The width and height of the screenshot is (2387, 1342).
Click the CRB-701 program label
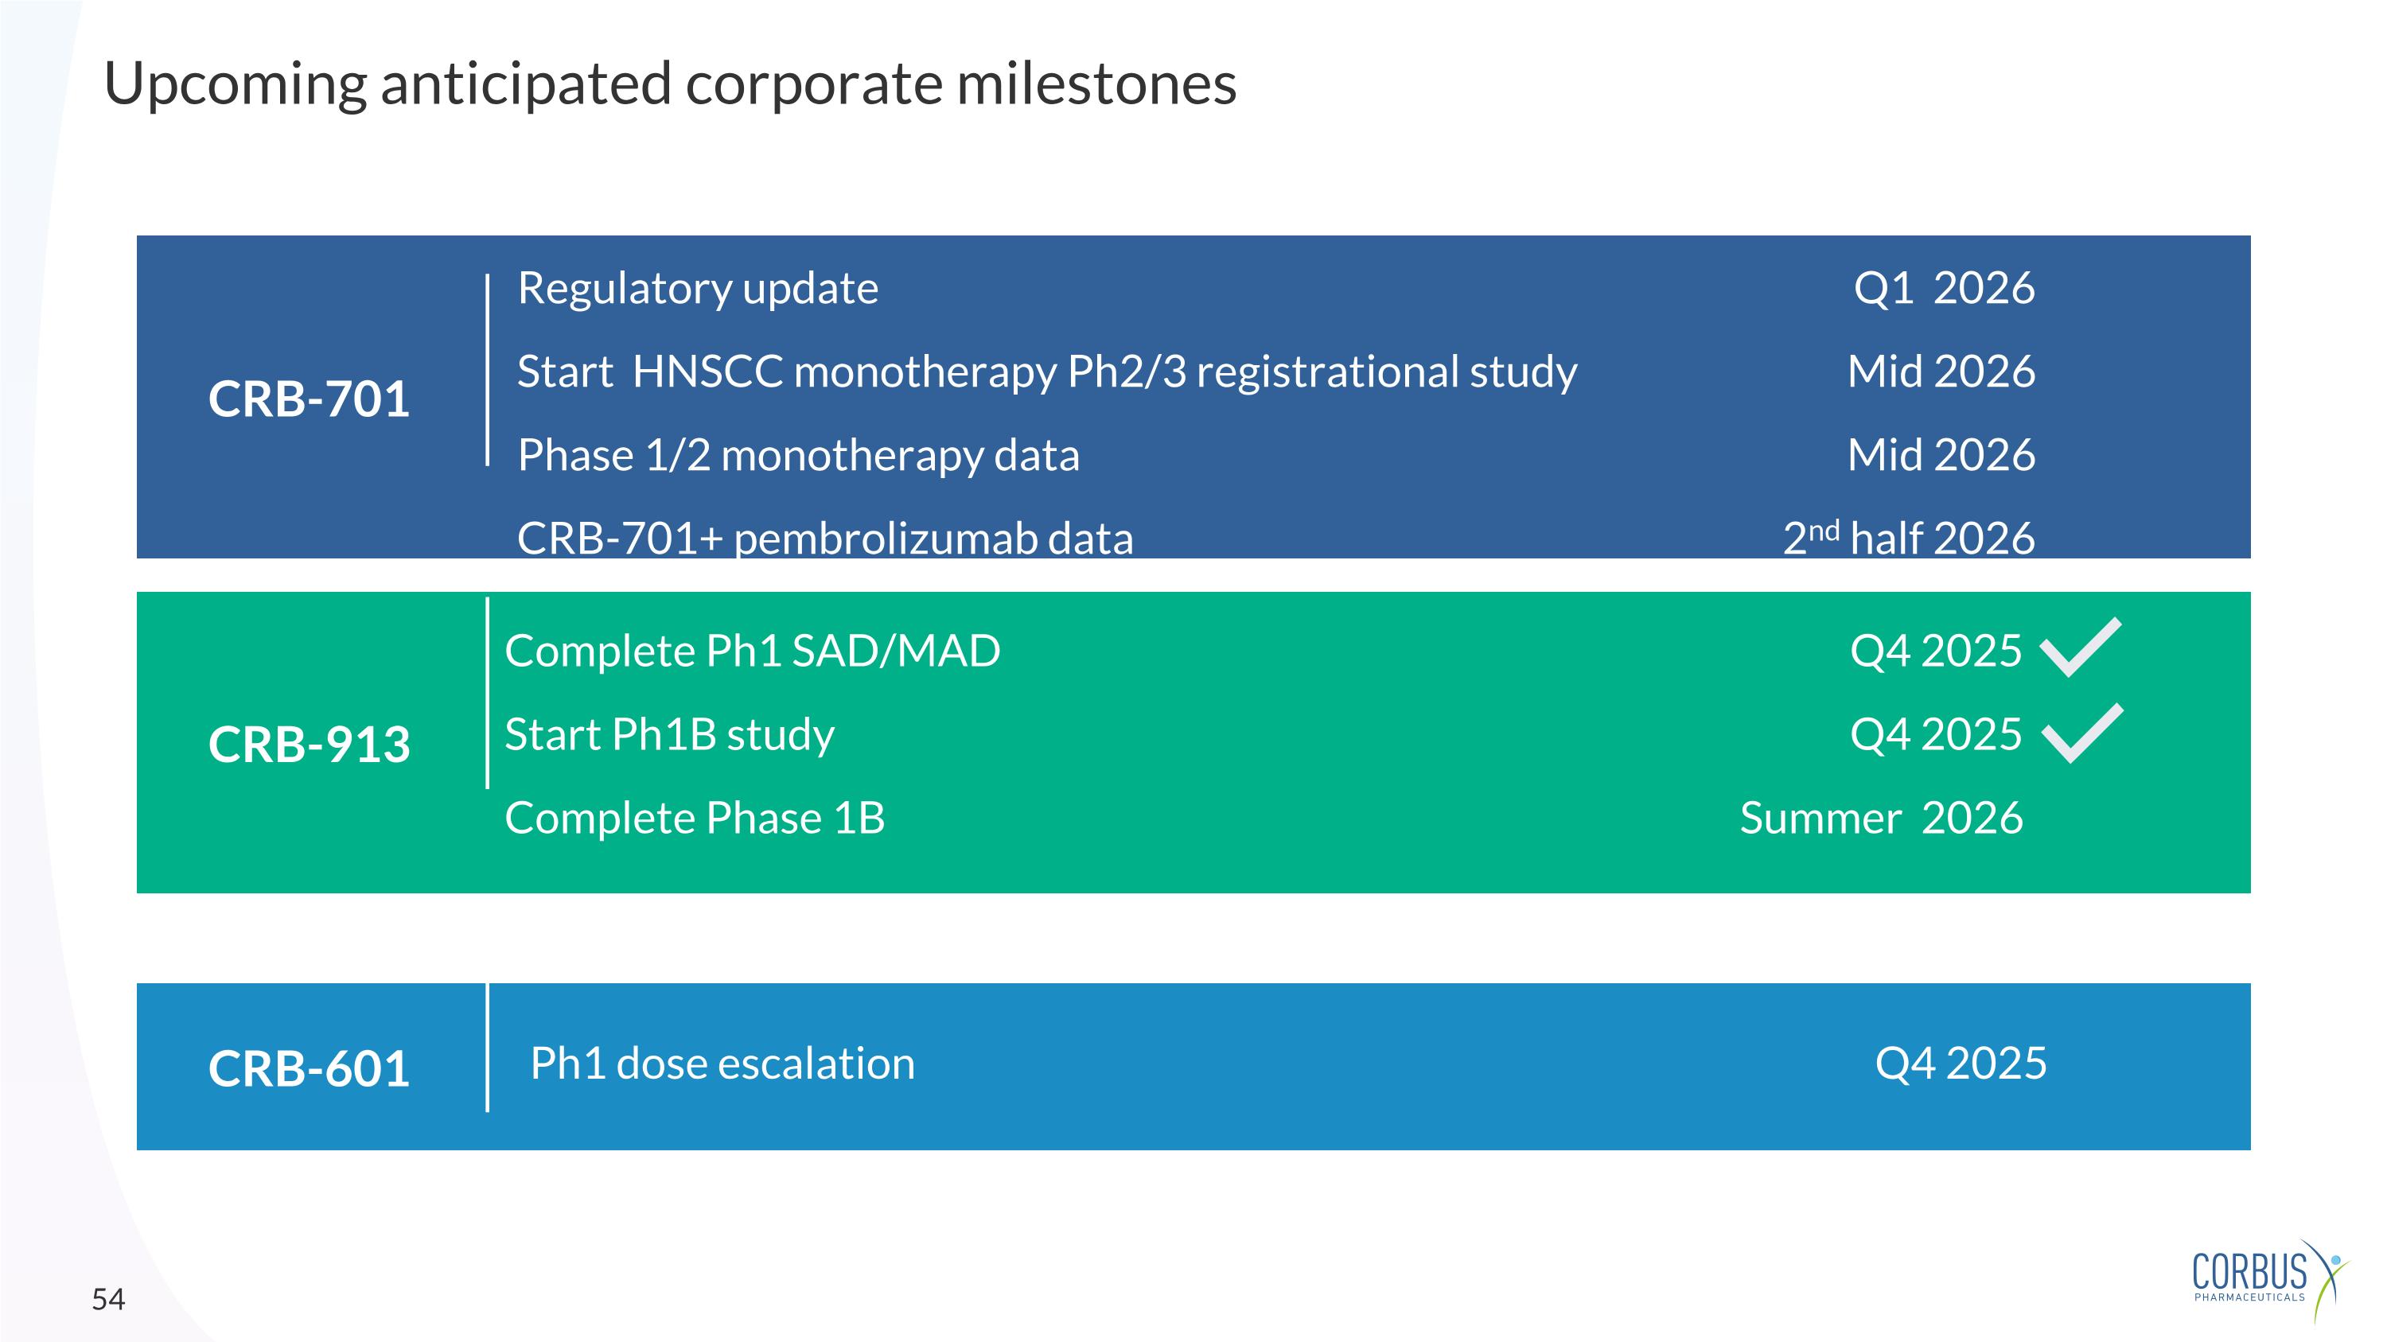pos(309,399)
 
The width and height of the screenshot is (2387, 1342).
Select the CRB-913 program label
pos(309,744)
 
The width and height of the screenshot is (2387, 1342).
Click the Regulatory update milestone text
pos(698,289)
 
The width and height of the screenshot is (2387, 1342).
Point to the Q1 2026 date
pos(1944,288)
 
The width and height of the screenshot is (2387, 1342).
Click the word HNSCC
pos(708,371)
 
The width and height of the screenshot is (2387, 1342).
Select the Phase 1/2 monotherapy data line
pos(799,456)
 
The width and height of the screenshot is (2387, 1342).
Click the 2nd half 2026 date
pos(1909,538)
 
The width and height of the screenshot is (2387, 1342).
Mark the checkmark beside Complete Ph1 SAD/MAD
pos(2081,648)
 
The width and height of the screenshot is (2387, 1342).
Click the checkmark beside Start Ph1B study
pos(2082,733)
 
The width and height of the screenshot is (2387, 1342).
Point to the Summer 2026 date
pos(1881,818)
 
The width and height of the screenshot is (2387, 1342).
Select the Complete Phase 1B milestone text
pos(695,818)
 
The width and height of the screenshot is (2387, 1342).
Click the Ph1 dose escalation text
pos(722,1064)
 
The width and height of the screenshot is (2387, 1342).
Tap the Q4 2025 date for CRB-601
pos(1961,1064)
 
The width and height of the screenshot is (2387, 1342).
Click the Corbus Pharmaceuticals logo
pos(2270,1280)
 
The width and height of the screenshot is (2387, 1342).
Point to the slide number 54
pos(108,1299)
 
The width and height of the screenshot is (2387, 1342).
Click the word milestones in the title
pos(1096,84)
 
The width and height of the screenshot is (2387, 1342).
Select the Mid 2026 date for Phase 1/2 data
pos(1941,455)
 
